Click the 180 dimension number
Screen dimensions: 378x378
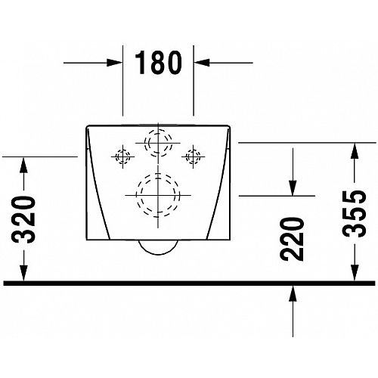[158, 63]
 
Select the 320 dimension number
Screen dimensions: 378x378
[24, 219]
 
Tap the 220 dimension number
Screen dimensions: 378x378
[293, 239]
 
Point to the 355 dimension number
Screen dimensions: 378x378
[355, 213]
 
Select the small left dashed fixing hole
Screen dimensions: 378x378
[122, 157]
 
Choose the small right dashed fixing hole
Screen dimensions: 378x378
[193, 157]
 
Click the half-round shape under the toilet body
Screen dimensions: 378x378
[158, 254]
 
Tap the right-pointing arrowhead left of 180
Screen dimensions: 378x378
[115, 63]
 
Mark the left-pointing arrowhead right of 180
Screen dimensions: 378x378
[202, 63]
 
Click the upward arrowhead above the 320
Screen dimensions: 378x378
[23, 165]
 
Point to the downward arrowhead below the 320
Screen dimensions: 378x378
[23, 273]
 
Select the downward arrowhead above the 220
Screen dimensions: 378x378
[293, 187]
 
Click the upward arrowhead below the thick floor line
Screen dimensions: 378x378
[293, 293]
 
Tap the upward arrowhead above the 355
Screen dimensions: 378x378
[355, 150]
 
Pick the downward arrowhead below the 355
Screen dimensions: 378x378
[355, 273]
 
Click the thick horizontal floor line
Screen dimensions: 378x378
[189, 283]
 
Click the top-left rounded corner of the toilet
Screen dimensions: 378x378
[87, 126]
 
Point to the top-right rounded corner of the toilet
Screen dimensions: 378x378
[229, 126]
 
